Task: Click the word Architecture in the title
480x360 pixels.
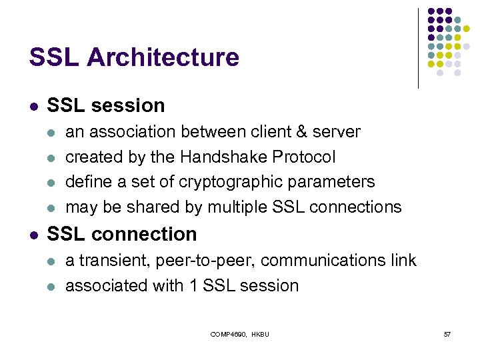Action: coord(163,57)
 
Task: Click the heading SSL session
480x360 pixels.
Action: coord(106,105)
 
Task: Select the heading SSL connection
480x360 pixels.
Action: coord(122,234)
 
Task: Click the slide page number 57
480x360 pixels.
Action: coord(447,333)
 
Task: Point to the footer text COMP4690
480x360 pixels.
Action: coord(229,333)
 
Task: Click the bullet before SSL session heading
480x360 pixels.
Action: coord(33,106)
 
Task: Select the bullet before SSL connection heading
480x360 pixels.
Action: coord(33,235)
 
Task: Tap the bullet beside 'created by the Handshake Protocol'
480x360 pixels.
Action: coord(53,157)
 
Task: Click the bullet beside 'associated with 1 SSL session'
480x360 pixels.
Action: coord(53,287)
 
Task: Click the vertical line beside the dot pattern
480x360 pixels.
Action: coord(418,48)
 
